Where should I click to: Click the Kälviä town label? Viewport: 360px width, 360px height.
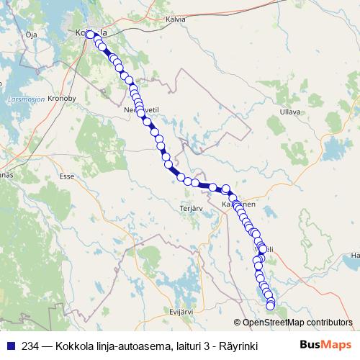pyautogui.click(x=176, y=20)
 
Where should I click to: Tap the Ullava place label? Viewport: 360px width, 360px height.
pyautogui.click(x=289, y=112)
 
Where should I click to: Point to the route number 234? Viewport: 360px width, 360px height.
pyautogui.click(x=30, y=346)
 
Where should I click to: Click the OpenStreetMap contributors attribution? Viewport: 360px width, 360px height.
pyautogui.click(x=292, y=323)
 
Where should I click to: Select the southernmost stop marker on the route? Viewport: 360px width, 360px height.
pyautogui.click(x=271, y=306)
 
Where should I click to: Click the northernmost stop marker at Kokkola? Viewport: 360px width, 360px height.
pyautogui.click(x=91, y=33)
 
